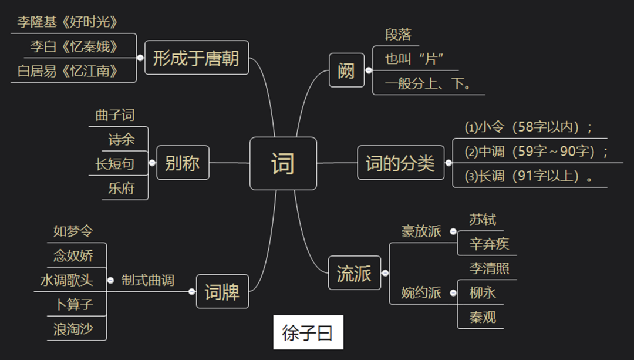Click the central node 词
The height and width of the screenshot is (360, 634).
(283, 163)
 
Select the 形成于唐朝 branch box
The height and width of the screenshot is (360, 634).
(196, 58)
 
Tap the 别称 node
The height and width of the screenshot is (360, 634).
(183, 163)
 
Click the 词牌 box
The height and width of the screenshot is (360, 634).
(222, 291)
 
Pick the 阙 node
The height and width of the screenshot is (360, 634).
(346, 70)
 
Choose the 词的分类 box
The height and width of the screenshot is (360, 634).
(400, 163)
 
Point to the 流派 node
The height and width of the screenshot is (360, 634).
(354, 273)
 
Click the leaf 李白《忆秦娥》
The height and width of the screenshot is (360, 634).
(74, 46)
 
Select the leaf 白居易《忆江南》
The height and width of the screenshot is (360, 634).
(68, 71)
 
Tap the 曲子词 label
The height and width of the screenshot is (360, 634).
(115, 115)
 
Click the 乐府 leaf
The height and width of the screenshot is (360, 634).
(121, 189)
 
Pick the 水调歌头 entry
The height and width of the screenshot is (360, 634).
(66, 280)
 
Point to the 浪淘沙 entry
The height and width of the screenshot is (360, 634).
(73, 329)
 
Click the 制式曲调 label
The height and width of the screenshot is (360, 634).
(148, 280)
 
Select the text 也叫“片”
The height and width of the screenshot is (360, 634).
(413, 59)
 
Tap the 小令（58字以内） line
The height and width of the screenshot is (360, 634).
(528, 127)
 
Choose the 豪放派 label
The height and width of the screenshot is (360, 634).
(421, 231)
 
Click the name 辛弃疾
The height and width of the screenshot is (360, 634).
(489, 244)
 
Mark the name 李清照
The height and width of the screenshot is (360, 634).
(489, 268)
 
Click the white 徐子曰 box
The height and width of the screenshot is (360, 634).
(308, 333)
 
